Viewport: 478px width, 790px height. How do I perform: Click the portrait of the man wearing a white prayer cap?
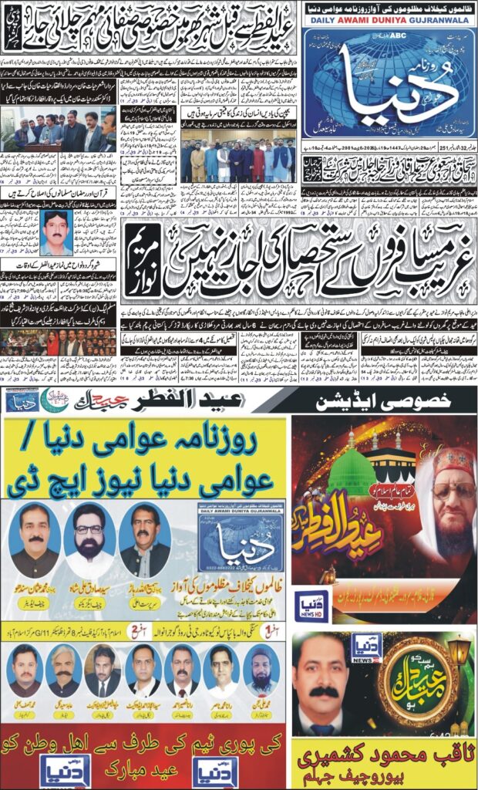(261, 668)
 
